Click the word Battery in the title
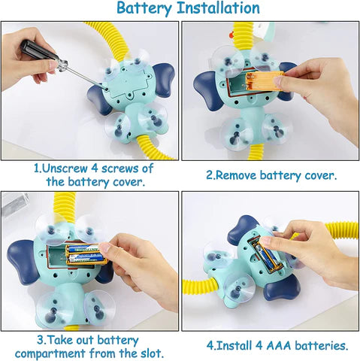coord(144,8)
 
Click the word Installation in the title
coord(218,8)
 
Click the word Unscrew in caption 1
coord(65,168)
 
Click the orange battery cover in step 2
coord(265,80)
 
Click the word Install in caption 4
coord(234,346)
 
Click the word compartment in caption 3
coord(50,354)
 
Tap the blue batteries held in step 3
coord(83,253)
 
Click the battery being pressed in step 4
coord(268,257)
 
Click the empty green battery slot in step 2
coord(236,84)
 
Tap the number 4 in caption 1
coord(94,168)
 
